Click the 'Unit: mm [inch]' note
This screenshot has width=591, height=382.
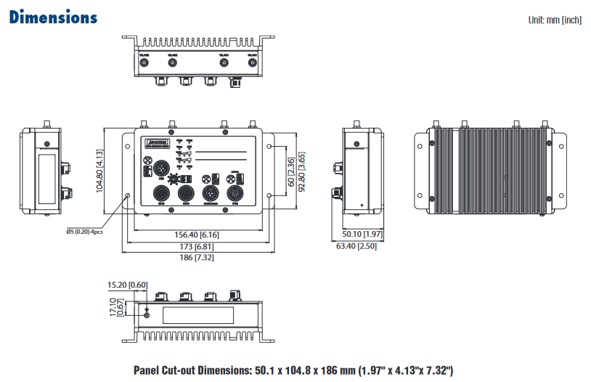pyautogui.click(x=555, y=20)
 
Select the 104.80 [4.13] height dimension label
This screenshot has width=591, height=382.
pyautogui.click(x=100, y=171)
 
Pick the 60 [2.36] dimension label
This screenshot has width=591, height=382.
pyautogui.click(x=291, y=171)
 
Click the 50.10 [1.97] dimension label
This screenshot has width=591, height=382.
pyautogui.click(x=362, y=235)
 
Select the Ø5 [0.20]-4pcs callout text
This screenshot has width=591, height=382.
pyautogui.click(x=84, y=232)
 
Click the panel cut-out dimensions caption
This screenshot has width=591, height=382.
pyautogui.click(x=293, y=370)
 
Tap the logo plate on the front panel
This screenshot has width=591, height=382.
pyautogui.click(x=157, y=142)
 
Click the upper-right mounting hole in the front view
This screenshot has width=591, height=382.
pyautogui.click(x=269, y=146)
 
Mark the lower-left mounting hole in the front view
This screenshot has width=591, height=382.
pyautogui.click(x=128, y=195)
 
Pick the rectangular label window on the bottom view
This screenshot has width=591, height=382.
pyautogui.click(x=197, y=314)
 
